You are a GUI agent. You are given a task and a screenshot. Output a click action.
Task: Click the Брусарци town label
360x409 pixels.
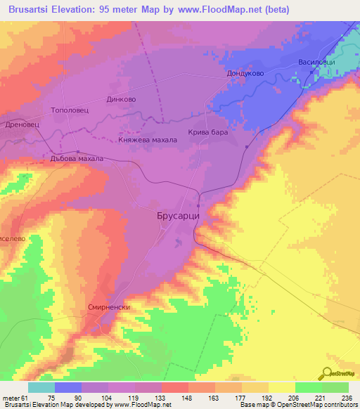(x=177, y=218)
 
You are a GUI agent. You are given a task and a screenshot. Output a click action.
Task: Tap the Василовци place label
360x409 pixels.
(x=316, y=62)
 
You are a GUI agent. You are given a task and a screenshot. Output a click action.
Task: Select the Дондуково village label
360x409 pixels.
(x=245, y=72)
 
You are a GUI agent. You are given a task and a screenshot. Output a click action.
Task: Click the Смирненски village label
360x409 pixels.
(x=109, y=307)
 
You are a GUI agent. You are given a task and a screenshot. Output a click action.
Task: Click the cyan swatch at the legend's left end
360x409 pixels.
(x=41, y=387)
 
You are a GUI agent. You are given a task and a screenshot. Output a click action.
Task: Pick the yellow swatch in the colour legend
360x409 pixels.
(x=281, y=387)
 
